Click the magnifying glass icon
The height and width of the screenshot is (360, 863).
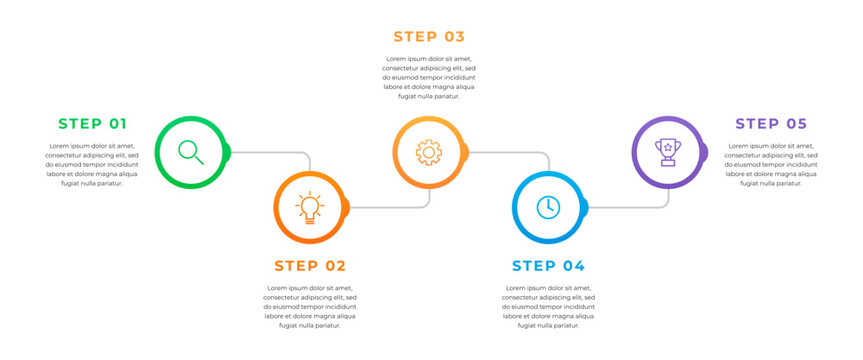(191, 152)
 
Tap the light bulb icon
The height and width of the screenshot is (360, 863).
(310, 207)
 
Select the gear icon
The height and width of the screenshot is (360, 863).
(429, 152)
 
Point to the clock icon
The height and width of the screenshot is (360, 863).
(548, 207)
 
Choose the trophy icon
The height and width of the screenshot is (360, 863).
(668, 152)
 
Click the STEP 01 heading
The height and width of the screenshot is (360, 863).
(93, 124)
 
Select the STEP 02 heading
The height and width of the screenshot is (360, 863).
(310, 266)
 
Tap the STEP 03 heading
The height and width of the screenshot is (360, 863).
(429, 37)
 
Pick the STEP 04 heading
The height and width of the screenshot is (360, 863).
(548, 266)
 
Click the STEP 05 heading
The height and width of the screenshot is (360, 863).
(771, 124)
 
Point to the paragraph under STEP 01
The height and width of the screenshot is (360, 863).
(92, 165)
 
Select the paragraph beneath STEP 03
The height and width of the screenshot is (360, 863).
(429, 78)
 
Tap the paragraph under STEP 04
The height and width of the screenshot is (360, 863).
(548, 307)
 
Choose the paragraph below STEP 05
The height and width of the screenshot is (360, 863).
(771, 165)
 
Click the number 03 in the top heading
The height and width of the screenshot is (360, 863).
(455, 37)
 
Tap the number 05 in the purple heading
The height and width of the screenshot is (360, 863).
(796, 124)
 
